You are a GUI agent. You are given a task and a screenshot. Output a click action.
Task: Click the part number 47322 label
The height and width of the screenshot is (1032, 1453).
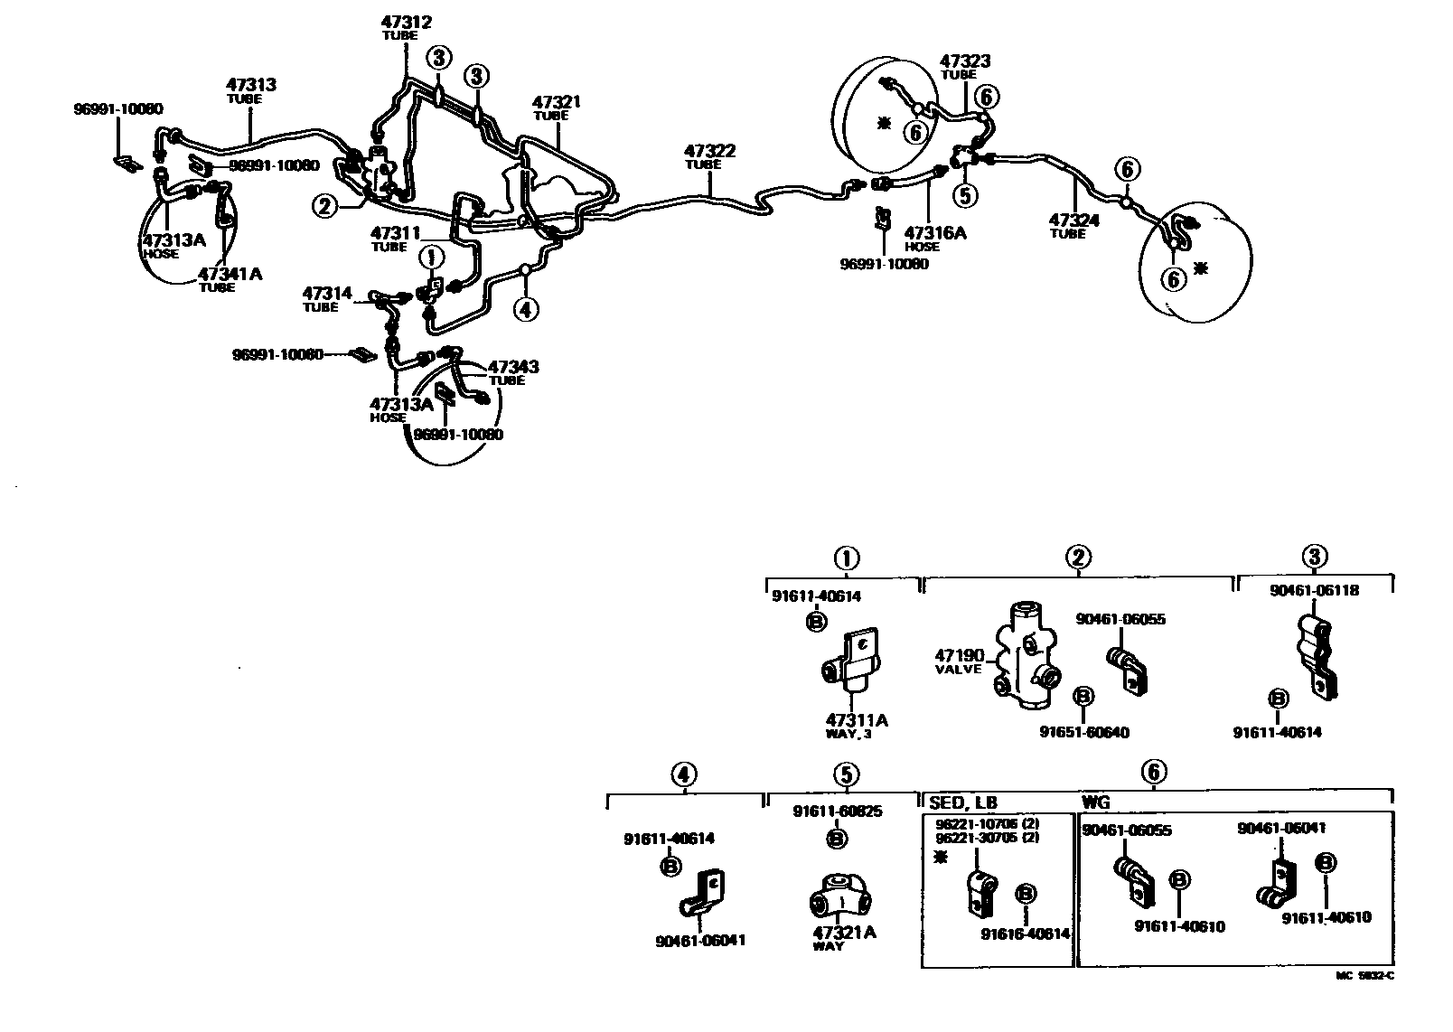tap(708, 151)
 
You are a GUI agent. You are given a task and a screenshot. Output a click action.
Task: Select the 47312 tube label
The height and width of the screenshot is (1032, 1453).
tap(407, 23)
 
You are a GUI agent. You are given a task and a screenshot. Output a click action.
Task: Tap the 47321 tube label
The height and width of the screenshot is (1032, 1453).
tap(556, 103)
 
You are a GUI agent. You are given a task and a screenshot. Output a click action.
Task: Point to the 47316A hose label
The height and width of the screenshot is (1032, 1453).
tap(935, 233)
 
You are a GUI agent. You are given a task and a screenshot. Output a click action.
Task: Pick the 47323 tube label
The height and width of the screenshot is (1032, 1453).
tap(964, 61)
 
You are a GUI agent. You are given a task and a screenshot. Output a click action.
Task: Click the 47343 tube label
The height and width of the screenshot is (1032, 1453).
tap(513, 367)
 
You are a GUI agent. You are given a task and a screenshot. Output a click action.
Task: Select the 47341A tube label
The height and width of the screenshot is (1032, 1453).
tap(230, 274)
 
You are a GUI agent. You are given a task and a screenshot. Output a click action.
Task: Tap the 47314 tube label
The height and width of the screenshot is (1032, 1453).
tap(326, 293)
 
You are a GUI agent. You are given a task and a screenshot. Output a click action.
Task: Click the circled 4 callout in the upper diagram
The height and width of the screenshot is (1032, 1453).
tap(526, 309)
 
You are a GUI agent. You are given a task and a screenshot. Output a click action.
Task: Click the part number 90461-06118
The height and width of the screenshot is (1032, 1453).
tap(1314, 590)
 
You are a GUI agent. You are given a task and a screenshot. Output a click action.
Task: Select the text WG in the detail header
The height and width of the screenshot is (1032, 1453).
tap(1096, 802)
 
